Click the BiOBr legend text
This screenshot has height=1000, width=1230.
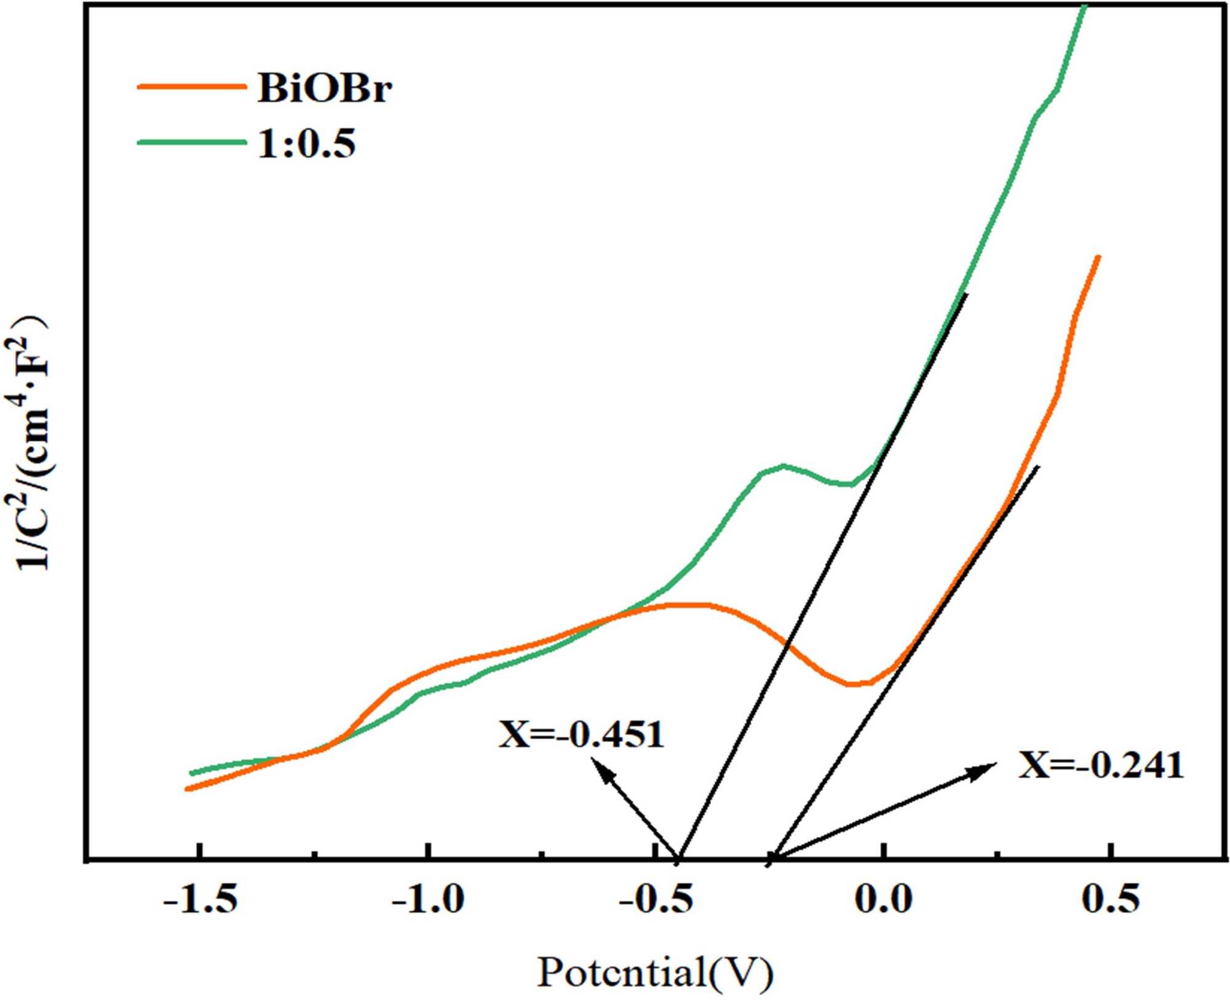[324, 89]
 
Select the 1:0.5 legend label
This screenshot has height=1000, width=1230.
[306, 145]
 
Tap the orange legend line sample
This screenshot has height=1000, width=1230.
[191, 87]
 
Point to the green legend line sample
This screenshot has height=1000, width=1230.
[191, 143]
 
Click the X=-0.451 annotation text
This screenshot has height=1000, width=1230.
[581, 734]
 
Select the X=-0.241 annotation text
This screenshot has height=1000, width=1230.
[1101, 766]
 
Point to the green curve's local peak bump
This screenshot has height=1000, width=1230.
[782, 466]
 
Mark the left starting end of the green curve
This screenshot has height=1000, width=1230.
[191, 773]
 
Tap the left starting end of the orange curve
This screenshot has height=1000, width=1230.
[187, 789]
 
